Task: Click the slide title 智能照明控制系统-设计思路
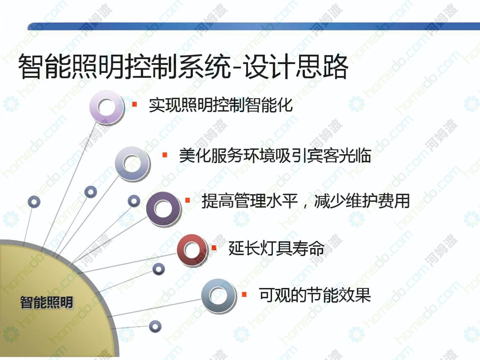183,66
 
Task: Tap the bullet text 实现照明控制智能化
220,105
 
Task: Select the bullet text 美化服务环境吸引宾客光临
275,156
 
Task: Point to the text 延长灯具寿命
276,248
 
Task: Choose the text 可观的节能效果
315,295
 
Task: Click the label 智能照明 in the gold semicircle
47,302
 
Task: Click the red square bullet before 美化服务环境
165,155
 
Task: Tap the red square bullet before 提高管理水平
188,200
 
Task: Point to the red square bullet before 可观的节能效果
244,294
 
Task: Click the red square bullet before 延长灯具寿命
214,248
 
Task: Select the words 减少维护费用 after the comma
362,201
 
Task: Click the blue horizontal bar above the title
254,26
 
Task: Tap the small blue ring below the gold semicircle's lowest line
155,326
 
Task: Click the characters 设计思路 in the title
296,66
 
